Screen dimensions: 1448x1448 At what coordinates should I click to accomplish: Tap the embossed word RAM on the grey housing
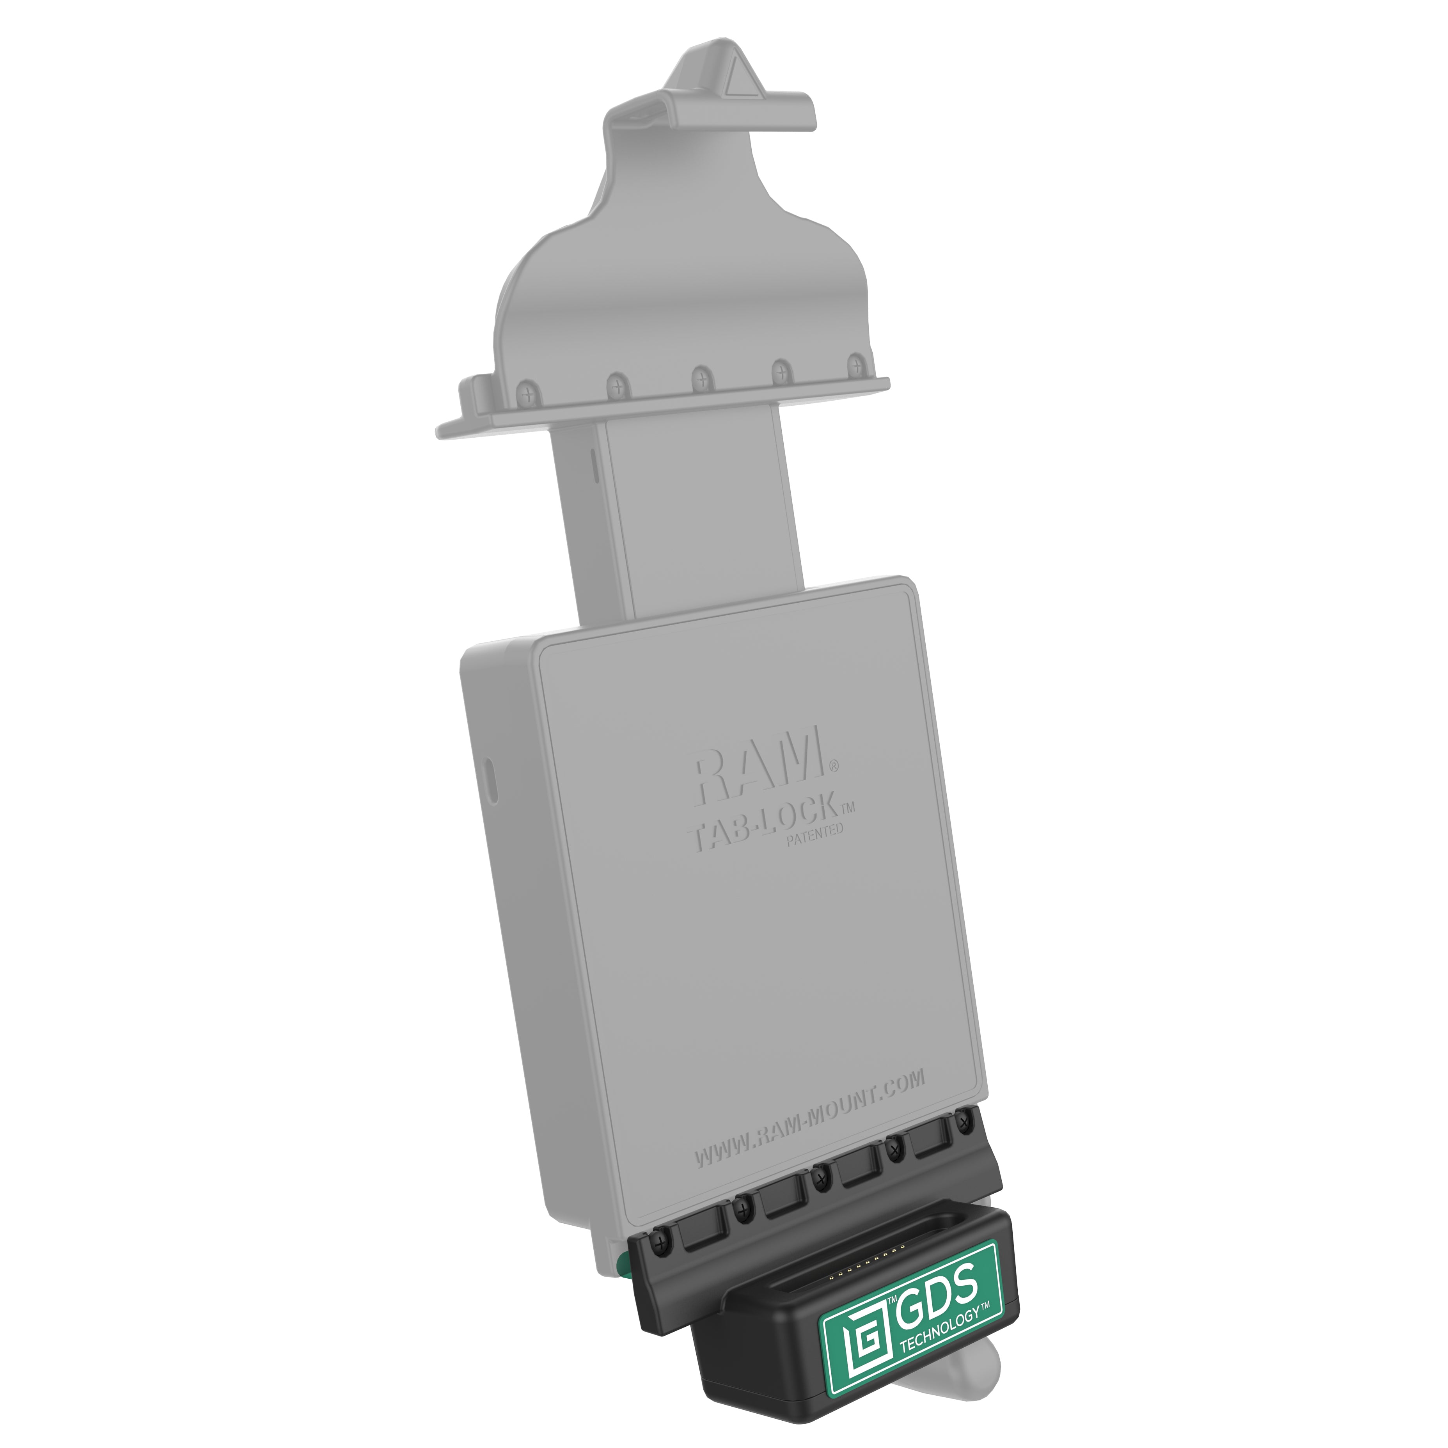point(757,761)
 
